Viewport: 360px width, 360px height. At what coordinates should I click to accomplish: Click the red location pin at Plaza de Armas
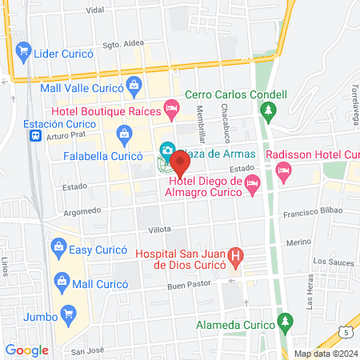click(x=179, y=164)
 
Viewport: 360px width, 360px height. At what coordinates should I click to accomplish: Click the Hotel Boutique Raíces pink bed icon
click(x=170, y=107)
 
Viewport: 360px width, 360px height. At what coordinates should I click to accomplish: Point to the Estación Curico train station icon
click(x=36, y=136)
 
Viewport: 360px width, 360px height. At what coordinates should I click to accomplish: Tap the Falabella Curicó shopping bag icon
click(x=123, y=132)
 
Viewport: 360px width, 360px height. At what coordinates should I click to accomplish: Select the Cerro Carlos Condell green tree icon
click(x=270, y=110)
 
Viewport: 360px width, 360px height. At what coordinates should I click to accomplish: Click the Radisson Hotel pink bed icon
click(x=282, y=169)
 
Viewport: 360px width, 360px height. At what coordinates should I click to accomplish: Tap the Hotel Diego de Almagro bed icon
click(x=252, y=184)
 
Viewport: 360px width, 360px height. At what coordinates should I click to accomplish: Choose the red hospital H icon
click(x=235, y=258)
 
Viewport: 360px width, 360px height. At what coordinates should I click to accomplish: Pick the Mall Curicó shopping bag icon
click(x=62, y=281)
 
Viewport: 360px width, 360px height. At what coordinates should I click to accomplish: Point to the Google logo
click(x=27, y=350)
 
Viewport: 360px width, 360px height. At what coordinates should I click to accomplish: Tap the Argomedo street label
click(x=82, y=211)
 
